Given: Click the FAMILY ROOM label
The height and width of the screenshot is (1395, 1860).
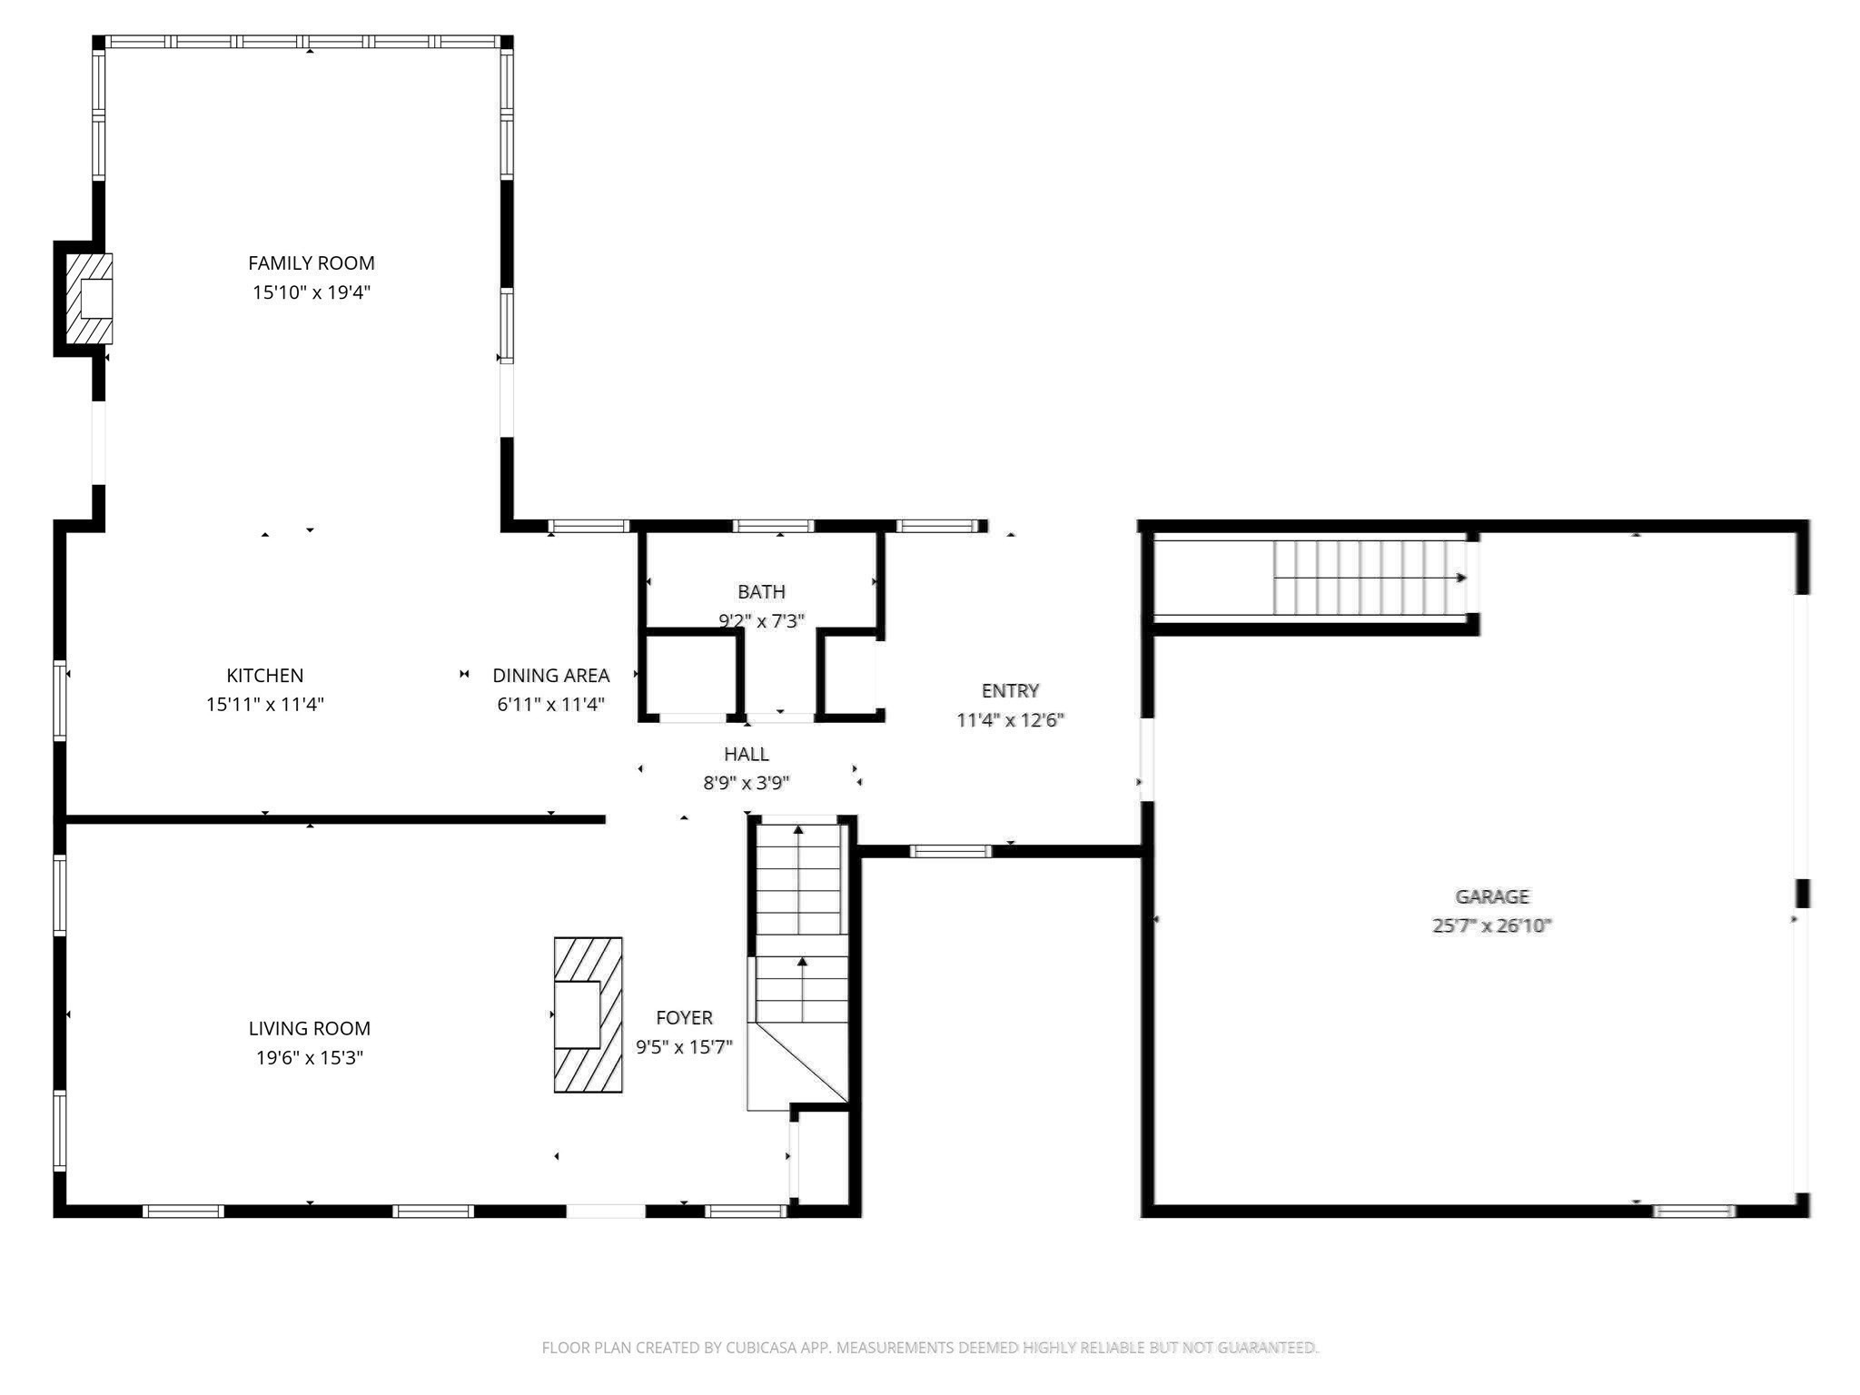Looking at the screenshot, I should (x=311, y=263).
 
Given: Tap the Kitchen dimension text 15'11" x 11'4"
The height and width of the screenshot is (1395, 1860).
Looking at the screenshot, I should (x=264, y=705).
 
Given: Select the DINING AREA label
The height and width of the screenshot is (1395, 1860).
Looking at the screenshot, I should (x=550, y=676).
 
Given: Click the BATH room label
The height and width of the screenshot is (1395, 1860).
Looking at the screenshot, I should (x=761, y=592).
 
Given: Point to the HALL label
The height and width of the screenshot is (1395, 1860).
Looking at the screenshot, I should (x=746, y=754).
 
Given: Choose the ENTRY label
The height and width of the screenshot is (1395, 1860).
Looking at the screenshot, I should (x=1010, y=691).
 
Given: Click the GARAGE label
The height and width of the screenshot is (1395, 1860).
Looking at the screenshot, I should (x=1492, y=897).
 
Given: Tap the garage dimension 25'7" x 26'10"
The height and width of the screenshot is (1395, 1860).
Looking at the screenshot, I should (x=1492, y=926).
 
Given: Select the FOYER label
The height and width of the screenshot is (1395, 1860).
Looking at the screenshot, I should (x=684, y=1018).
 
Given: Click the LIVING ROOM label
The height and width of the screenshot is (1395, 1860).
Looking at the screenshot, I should (x=309, y=1029).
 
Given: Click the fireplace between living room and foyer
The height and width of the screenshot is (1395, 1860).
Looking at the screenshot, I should (x=588, y=1014).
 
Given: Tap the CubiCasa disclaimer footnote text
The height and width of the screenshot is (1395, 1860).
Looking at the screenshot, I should (x=929, y=1348).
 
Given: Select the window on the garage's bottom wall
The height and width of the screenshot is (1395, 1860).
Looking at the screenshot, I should (x=1693, y=1211).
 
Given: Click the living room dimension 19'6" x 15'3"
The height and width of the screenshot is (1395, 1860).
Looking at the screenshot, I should (x=309, y=1058).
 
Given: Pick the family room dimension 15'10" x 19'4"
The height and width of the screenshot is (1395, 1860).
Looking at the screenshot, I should (x=311, y=292).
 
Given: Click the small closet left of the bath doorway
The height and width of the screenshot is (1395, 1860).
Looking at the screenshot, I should (x=690, y=674).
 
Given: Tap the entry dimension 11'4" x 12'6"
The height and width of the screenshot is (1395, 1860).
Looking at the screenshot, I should (x=1010, y=720).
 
